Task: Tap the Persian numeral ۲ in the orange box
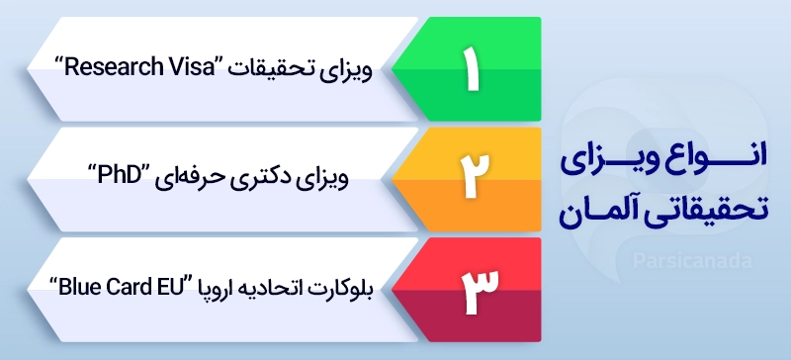click(x=468, y=179)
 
